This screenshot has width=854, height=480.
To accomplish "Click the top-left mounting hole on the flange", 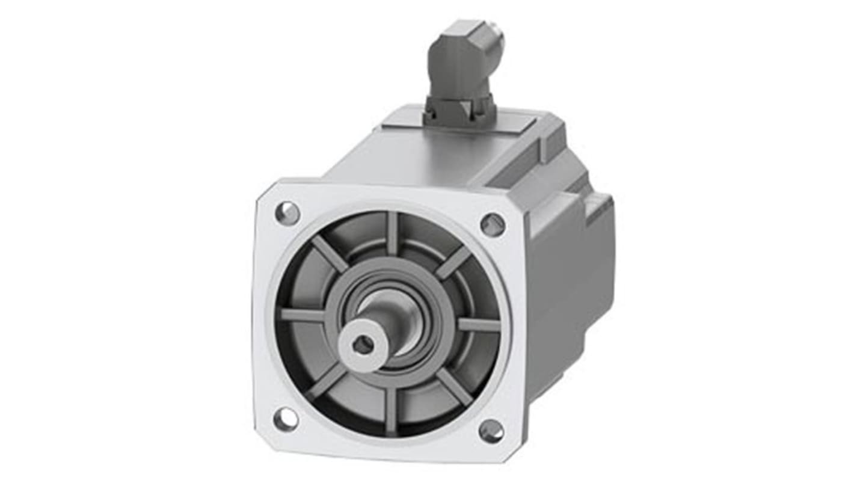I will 287,213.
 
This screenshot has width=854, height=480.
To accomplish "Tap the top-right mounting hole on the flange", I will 493,224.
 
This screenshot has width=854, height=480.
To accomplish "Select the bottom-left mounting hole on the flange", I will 286,419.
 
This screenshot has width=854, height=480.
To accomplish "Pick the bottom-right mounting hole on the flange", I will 491,431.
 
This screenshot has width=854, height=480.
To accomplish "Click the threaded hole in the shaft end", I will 363,344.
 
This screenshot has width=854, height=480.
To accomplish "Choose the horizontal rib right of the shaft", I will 479,324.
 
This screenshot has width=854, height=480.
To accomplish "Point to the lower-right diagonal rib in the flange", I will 454,387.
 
